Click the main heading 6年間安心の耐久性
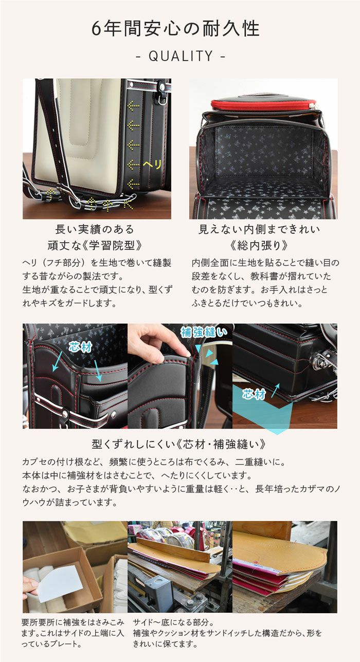tap(176, 29)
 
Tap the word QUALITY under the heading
tap(181, 56)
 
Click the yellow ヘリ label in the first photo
tap(152, 164)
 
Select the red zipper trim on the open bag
tap(264, 104)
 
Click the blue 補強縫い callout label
tap(204, 332)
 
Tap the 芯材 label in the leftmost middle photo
tap(80, 347)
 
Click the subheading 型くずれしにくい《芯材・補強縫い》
tap(178, 444)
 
